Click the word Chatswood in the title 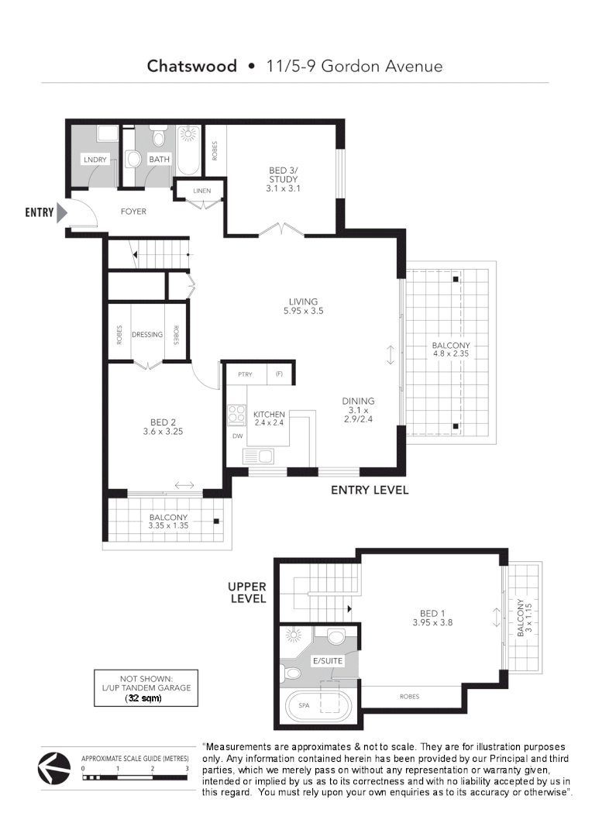tap(192, 66)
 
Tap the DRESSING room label tap(147, 335)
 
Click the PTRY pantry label tap(245, 374)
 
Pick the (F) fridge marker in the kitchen tap(280, 374)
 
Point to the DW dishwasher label tap(236, 436)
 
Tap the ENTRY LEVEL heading tap(369, 490)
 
